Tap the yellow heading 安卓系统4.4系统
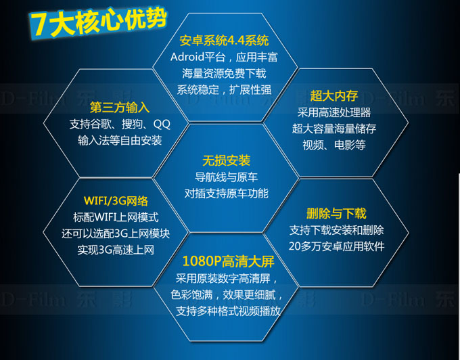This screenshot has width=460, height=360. point(224,41)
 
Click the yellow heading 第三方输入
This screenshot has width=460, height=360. point(120,108)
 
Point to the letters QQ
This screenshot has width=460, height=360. point(162,125)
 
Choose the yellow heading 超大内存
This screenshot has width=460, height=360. point(334,95)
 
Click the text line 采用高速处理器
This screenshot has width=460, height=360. point(334,112)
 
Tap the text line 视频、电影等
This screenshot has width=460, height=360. point(334,145)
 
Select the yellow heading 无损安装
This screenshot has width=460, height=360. point(226,160)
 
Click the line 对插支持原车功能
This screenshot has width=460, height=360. point(226,194)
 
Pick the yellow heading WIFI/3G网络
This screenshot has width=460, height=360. point(116,201)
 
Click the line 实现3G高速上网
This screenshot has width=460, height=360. point(116,250)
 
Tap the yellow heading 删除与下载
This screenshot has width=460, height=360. point(336,214)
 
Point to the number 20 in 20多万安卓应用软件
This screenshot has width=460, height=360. point(294,246)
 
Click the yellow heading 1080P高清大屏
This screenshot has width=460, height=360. point(228,261)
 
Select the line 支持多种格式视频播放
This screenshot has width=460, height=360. point(228,311)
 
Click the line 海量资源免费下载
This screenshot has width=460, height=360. point(224,73)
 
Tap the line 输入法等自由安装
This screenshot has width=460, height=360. point(120,141)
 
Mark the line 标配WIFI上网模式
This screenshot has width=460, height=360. point(116,217)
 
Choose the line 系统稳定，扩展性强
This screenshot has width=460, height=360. point(224,90)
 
